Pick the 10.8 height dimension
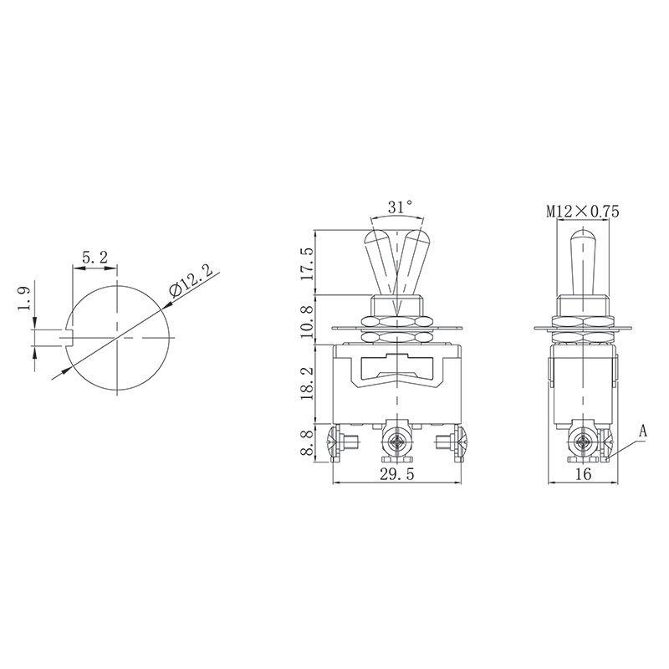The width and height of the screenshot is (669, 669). (x=308, y=319)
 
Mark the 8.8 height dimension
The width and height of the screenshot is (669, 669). (x=308, y=443)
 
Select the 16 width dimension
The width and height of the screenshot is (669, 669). (x=583, y=474)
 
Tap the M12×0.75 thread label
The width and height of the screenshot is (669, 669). (x=583, y=212)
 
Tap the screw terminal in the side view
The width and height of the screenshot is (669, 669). (x=583, y=442)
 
